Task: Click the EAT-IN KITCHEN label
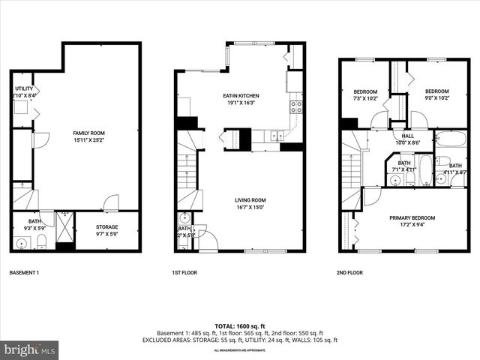(x=241, y=96)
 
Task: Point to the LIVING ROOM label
(x=250, y=199)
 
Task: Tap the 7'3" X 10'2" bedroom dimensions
(x=365, y=97)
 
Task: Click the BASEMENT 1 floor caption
(x=24, y=273)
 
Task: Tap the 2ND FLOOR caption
(x=349, y=273)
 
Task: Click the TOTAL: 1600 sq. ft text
(x=240, y=326)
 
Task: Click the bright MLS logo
(x=29, y=349)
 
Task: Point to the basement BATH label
(x=34, y=221)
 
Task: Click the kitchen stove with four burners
(x=296, y=106)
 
